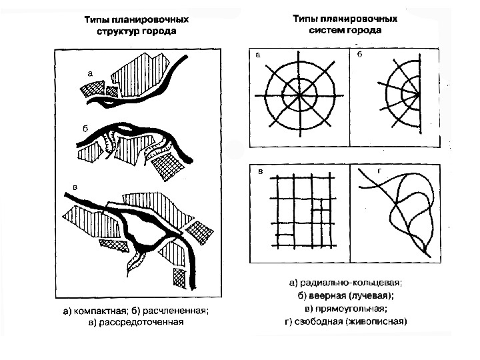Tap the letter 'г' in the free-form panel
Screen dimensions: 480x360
(x=379, y=171)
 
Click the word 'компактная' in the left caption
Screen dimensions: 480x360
(x=99, y=311)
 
